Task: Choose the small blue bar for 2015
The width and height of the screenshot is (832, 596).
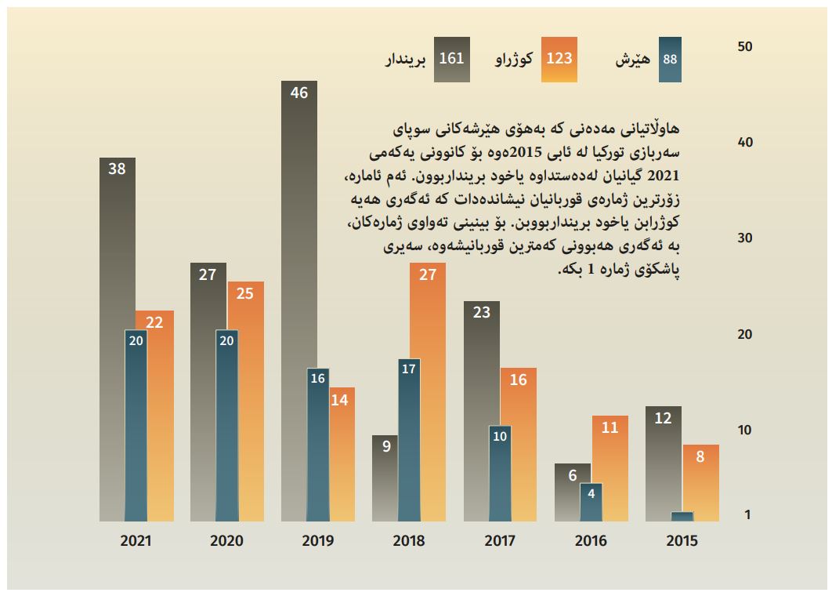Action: pos(682,516)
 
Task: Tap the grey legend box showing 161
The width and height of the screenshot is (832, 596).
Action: pos(452,60)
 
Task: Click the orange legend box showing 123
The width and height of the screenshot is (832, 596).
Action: pos(559,60)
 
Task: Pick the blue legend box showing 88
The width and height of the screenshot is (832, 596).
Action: pos(671,60)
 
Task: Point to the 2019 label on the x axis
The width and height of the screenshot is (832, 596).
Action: pos(317,540)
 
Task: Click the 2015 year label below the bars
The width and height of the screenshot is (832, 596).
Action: pos(682,540)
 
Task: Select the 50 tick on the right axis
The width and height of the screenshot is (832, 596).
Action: pos(744,47)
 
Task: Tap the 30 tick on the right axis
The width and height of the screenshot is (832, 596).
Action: pos(744,238)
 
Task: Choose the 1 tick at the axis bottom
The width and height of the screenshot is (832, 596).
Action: pos(747,514)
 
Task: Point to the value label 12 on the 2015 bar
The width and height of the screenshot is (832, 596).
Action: pos(663,418)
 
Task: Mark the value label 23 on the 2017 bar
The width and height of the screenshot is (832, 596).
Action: pos(482,312)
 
